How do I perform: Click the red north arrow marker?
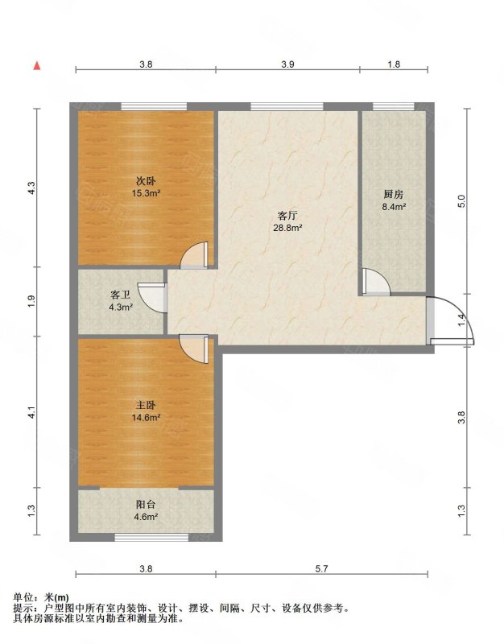pos(37,66)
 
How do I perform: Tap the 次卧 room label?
pos(146,180)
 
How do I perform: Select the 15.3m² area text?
pos(146,193)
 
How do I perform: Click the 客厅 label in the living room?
pos(287,216)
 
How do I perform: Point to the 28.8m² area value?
pos(288,228)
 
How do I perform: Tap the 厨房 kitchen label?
pos(394,194)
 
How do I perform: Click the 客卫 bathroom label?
pos(121,295)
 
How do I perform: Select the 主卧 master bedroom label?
pos(146,406)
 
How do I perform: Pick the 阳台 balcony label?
pos(146,505)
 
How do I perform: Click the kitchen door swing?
pos(376,282)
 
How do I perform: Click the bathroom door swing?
pos(152,298)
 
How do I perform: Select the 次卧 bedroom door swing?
pos(195,255)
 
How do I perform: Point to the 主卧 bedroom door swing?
pos(195,349)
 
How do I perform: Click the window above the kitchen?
pos(394,107)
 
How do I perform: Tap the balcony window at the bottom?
pos(151,537)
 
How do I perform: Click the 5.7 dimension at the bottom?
pos(321,569)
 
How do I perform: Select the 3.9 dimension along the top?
pos(287,64)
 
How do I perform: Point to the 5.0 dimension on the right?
pos(461,200)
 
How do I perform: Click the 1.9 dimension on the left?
pos(32,301)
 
